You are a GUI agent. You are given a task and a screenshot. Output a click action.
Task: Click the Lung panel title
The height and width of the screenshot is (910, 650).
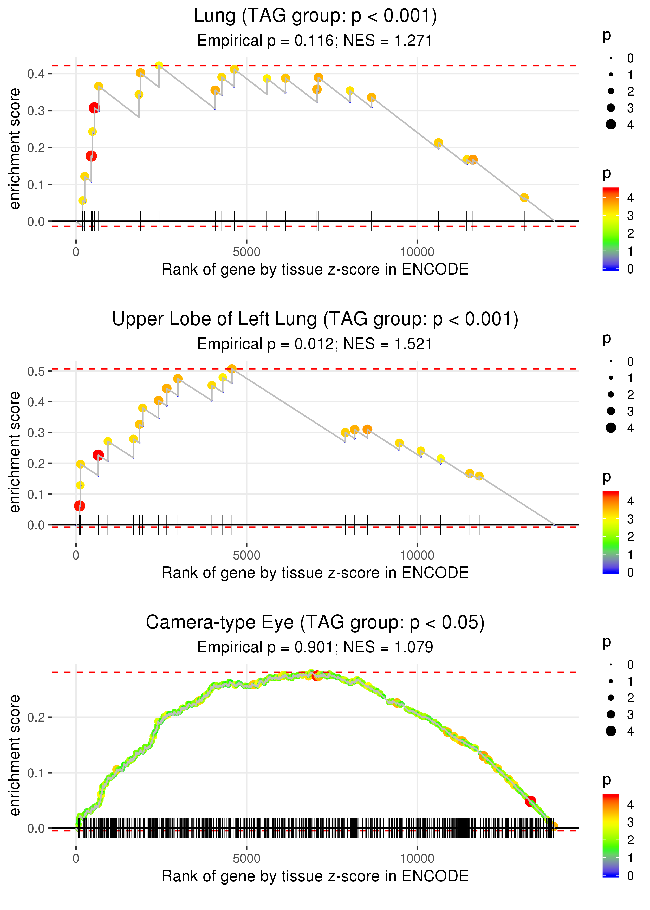point(315,16)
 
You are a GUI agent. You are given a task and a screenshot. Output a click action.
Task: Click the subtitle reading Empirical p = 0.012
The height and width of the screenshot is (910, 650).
point(315,344)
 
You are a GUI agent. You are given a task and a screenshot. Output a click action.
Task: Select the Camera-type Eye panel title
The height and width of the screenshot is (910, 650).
point(315,622)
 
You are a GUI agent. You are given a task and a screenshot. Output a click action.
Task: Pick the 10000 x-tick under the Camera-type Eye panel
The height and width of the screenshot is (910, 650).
point(417,858)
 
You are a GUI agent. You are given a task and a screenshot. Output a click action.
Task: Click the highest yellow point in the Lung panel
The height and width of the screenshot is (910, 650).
point(159,66)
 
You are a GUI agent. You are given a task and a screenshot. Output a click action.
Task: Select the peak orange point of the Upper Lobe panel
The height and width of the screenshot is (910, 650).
point(232,369)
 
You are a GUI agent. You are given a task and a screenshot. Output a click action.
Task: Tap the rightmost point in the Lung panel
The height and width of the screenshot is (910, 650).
point(524,198)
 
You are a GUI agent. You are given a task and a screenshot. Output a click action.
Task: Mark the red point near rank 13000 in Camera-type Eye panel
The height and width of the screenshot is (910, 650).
point(530,801)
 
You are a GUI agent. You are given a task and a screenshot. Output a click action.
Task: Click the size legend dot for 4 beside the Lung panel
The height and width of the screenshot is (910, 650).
point(611,125)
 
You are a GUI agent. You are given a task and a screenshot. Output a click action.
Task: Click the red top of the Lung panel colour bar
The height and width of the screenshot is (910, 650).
point(611,191)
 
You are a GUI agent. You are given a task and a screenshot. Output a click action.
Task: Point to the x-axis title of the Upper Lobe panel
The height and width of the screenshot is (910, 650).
point(315,573)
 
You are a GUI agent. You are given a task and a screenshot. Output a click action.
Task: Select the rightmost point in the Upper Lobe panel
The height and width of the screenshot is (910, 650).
point(479,476)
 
